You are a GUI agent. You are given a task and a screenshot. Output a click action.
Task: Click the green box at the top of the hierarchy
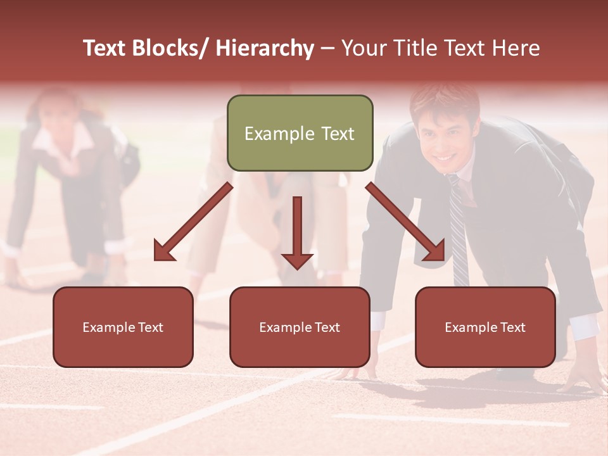click(300, 133)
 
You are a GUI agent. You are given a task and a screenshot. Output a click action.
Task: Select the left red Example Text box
click(123, 327)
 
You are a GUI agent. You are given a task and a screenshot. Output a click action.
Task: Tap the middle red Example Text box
click(300, 327)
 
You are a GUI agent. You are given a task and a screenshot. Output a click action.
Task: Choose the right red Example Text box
click(485, 327)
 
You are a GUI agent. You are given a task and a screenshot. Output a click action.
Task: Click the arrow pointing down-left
click(193, 222)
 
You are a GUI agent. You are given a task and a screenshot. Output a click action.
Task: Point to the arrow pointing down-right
click(405, 222)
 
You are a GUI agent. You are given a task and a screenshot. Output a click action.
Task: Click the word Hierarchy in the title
click(265, 48)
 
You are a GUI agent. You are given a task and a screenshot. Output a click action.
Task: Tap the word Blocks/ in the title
click(171, 48)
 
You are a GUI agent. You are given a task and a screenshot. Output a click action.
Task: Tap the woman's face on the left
click(58, 120)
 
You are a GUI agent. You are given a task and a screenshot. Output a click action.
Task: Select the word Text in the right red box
click(512, 327)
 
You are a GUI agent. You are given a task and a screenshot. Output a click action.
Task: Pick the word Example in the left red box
click(108, 327)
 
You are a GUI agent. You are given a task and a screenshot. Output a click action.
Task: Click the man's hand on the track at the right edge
click(586, 380)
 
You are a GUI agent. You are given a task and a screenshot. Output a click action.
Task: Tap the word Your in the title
click(362, 48)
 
